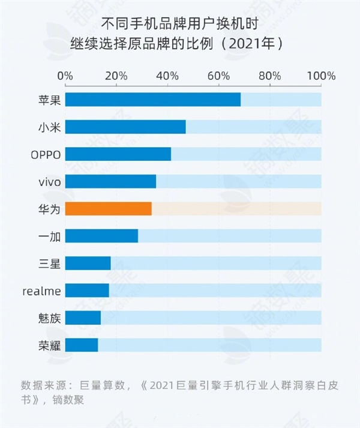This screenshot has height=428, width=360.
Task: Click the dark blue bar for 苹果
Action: pos(152,100)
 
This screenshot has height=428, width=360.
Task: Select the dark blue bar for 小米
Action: pos(125,127)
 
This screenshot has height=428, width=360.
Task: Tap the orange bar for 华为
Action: pos(108,208)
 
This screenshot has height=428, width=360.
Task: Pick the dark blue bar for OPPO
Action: pos(118,154)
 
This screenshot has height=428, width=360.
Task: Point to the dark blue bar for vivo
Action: pos(110,181)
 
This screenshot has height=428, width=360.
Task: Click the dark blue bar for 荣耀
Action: pos(81,345)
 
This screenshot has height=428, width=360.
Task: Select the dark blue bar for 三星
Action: pos(88,263)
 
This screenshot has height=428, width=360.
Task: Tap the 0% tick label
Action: pos(65,76)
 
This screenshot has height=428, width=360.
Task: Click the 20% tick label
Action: pos(116,76)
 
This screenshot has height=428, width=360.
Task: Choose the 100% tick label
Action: pos(321,76)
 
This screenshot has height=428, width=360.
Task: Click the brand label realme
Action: pos(41,291)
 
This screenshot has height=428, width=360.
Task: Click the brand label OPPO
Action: pos(46,154)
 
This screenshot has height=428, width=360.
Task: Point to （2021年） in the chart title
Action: pos(248,44)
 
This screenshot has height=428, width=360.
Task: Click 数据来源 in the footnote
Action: pos(41,385)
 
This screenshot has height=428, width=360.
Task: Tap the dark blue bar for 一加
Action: pos(101,235)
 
